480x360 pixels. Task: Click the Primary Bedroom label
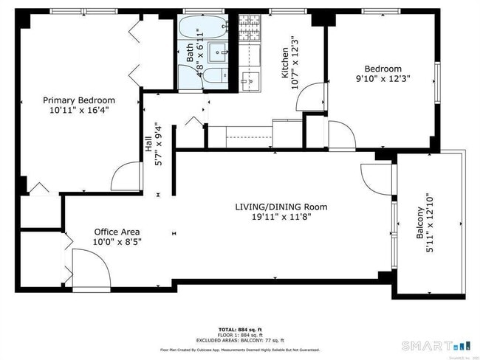79,100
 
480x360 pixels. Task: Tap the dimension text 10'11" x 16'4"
79,111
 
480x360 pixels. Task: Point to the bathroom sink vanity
219,51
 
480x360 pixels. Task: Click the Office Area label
116,232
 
